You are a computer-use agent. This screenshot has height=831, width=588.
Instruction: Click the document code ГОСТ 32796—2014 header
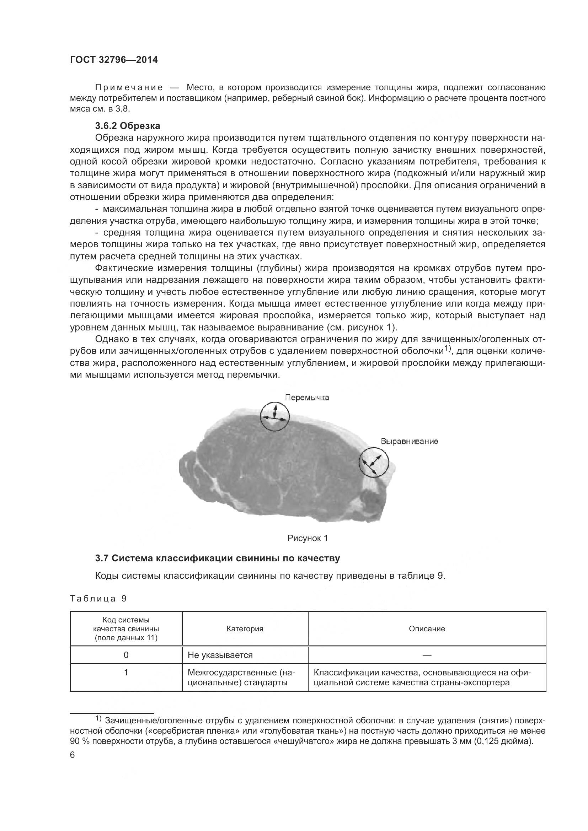click(x=114, y=60)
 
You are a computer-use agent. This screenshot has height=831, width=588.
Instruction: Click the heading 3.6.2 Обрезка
click(x=128, y=126)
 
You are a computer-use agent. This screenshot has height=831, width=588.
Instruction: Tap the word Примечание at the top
click(x=129, y=87)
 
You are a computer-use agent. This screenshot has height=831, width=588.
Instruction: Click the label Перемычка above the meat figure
click(x=307, y=398)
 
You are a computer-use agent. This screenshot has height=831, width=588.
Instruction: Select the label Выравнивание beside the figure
click(x=409, y=441)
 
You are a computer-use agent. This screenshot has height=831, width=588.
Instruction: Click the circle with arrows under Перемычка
click(x=275, y=416)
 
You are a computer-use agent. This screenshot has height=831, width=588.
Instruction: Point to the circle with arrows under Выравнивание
click(x=374, y=462)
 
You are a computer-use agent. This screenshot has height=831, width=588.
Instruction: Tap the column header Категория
click(x=245, y=629)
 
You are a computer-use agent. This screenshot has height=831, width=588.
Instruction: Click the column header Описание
click(x=427, y=629)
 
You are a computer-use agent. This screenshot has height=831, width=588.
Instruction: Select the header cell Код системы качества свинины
click(x=126, y=629)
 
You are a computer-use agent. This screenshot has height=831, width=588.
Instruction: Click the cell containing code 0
click(x=126, y=655)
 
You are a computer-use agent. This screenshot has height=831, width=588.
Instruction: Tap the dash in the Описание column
click(x=427, y=655)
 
